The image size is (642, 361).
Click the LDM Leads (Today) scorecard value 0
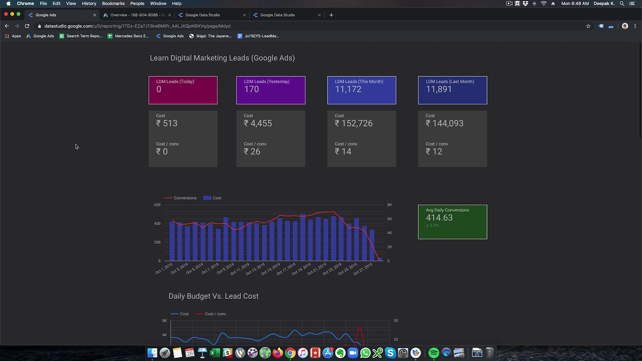(159, 89)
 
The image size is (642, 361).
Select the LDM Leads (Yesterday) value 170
(251, 89)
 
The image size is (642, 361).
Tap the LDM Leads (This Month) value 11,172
(348, 89)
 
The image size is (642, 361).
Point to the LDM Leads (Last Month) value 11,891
(439, 89)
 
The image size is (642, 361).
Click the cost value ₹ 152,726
(354, 123)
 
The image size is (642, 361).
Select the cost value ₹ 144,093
(444, 123)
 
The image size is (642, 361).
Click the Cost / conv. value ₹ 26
(252, 151)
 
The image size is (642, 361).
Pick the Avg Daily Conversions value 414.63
(439, 218)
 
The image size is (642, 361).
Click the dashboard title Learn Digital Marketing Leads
(222, 58)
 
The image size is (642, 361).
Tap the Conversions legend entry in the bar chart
(185, 198)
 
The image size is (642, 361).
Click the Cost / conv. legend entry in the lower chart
(215, 314)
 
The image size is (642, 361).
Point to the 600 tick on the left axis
(157, 205)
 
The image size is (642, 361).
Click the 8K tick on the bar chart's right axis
(390, 205)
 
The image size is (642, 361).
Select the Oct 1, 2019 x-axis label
(164, 269)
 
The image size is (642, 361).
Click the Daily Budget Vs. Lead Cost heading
(214, 296)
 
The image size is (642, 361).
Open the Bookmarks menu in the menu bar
(113, 4)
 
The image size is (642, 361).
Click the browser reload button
(27, 26)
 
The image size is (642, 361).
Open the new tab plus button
(331, 15)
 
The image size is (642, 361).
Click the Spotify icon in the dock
(434, 353)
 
